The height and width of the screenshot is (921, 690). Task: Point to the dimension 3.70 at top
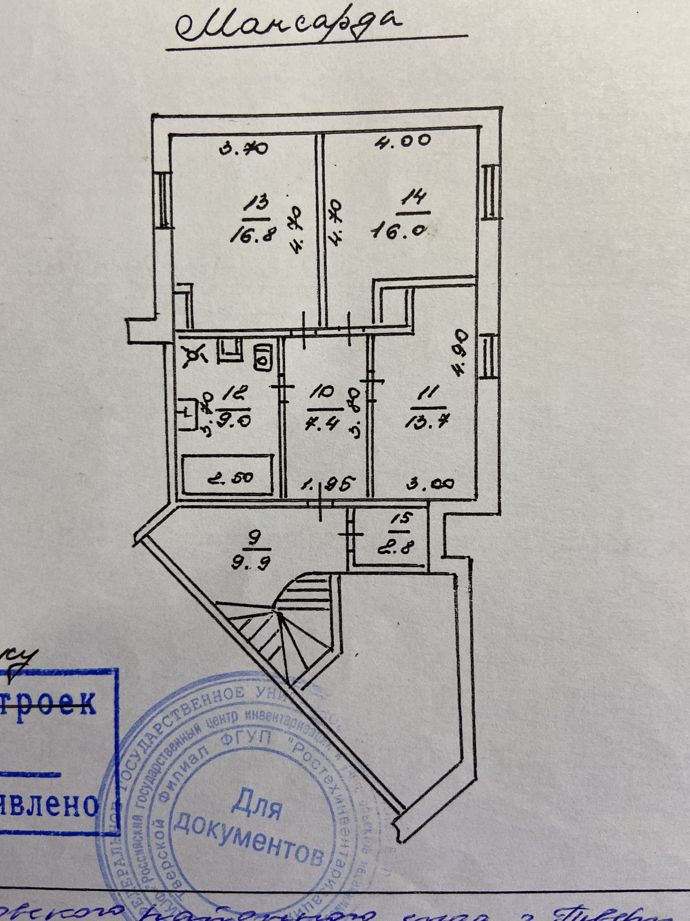point(244,149)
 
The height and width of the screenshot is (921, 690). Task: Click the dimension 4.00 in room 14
point(403,140)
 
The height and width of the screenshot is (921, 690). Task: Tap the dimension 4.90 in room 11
point(459,352)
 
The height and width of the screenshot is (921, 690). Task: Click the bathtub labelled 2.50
point(229,475)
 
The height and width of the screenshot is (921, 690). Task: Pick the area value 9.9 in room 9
point(251,562)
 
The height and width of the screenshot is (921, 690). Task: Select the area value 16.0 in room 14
point(399,231)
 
